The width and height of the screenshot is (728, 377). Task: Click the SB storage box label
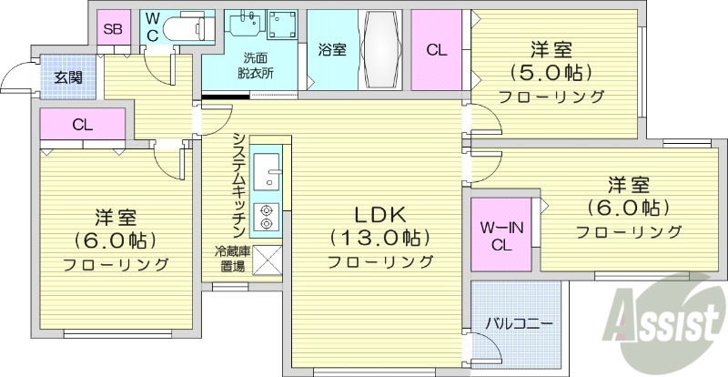[x=112, y=28]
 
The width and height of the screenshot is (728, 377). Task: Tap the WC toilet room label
[x=152, y=27]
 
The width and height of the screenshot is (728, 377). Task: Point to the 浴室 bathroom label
[x=331, y=50]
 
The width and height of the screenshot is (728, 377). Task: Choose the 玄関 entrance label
[x=67, y=76]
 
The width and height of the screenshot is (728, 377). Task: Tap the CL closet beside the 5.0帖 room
[x=437, y=51]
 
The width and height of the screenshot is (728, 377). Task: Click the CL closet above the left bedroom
[x=82, y=126]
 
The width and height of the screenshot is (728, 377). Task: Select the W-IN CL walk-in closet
[x=500, y=234]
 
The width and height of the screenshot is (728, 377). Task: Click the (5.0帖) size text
[x=551, y=72]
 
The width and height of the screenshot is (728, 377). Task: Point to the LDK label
[x=379, y=216]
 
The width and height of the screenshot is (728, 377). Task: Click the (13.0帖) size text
[x=379, y=239]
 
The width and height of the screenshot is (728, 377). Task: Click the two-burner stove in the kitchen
[x=267, y=214]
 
